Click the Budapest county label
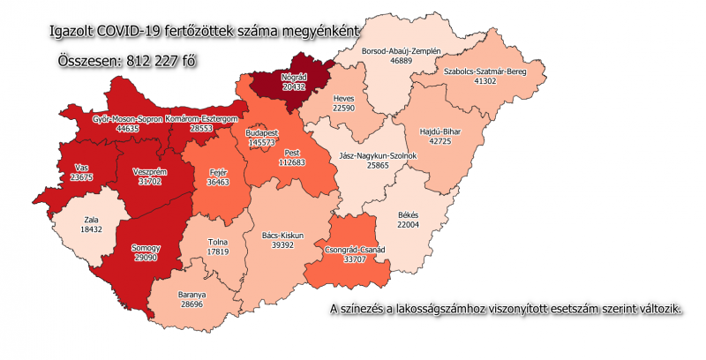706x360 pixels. click(261, 131)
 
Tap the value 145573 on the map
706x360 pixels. click(261, 142)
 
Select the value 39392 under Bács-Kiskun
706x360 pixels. click(283, 246)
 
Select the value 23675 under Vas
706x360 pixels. click(81, 177)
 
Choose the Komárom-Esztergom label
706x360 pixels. click(202, 117)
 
